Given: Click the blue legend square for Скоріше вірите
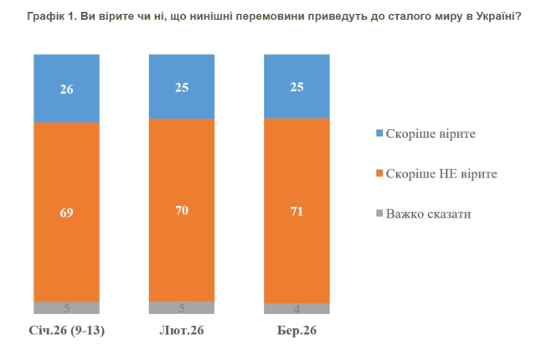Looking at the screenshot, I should click(379, 132).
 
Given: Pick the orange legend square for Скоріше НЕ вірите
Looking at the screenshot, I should click(379, 173).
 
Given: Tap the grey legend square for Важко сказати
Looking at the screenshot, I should click(379, 213).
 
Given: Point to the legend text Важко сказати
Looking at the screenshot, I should click(429, 213).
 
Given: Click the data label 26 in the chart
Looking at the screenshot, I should click(66, 89).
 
